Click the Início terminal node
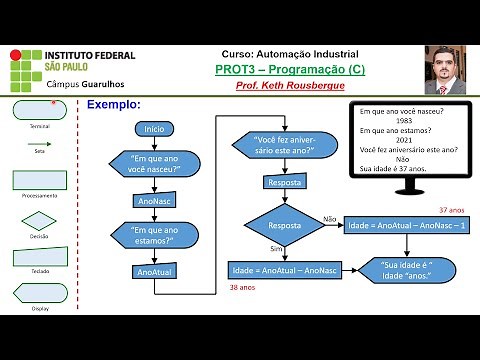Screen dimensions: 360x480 click(x=154, y=129)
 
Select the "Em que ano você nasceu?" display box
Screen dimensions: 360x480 click(x=154, y=164)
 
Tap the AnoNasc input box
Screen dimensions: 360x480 click(x=154, y=200)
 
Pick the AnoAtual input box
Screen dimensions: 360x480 click(x=154, y=271)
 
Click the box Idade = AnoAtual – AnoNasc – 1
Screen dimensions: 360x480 click(x=398, y=225)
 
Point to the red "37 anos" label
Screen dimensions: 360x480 click(x=452, y=211)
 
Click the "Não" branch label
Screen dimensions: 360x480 click(x=329, y=217)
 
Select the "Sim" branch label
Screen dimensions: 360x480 click(x=276, y=248)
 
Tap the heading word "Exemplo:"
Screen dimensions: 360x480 click(x=114, y=104)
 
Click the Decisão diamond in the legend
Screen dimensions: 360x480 click(x=40, y=221)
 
